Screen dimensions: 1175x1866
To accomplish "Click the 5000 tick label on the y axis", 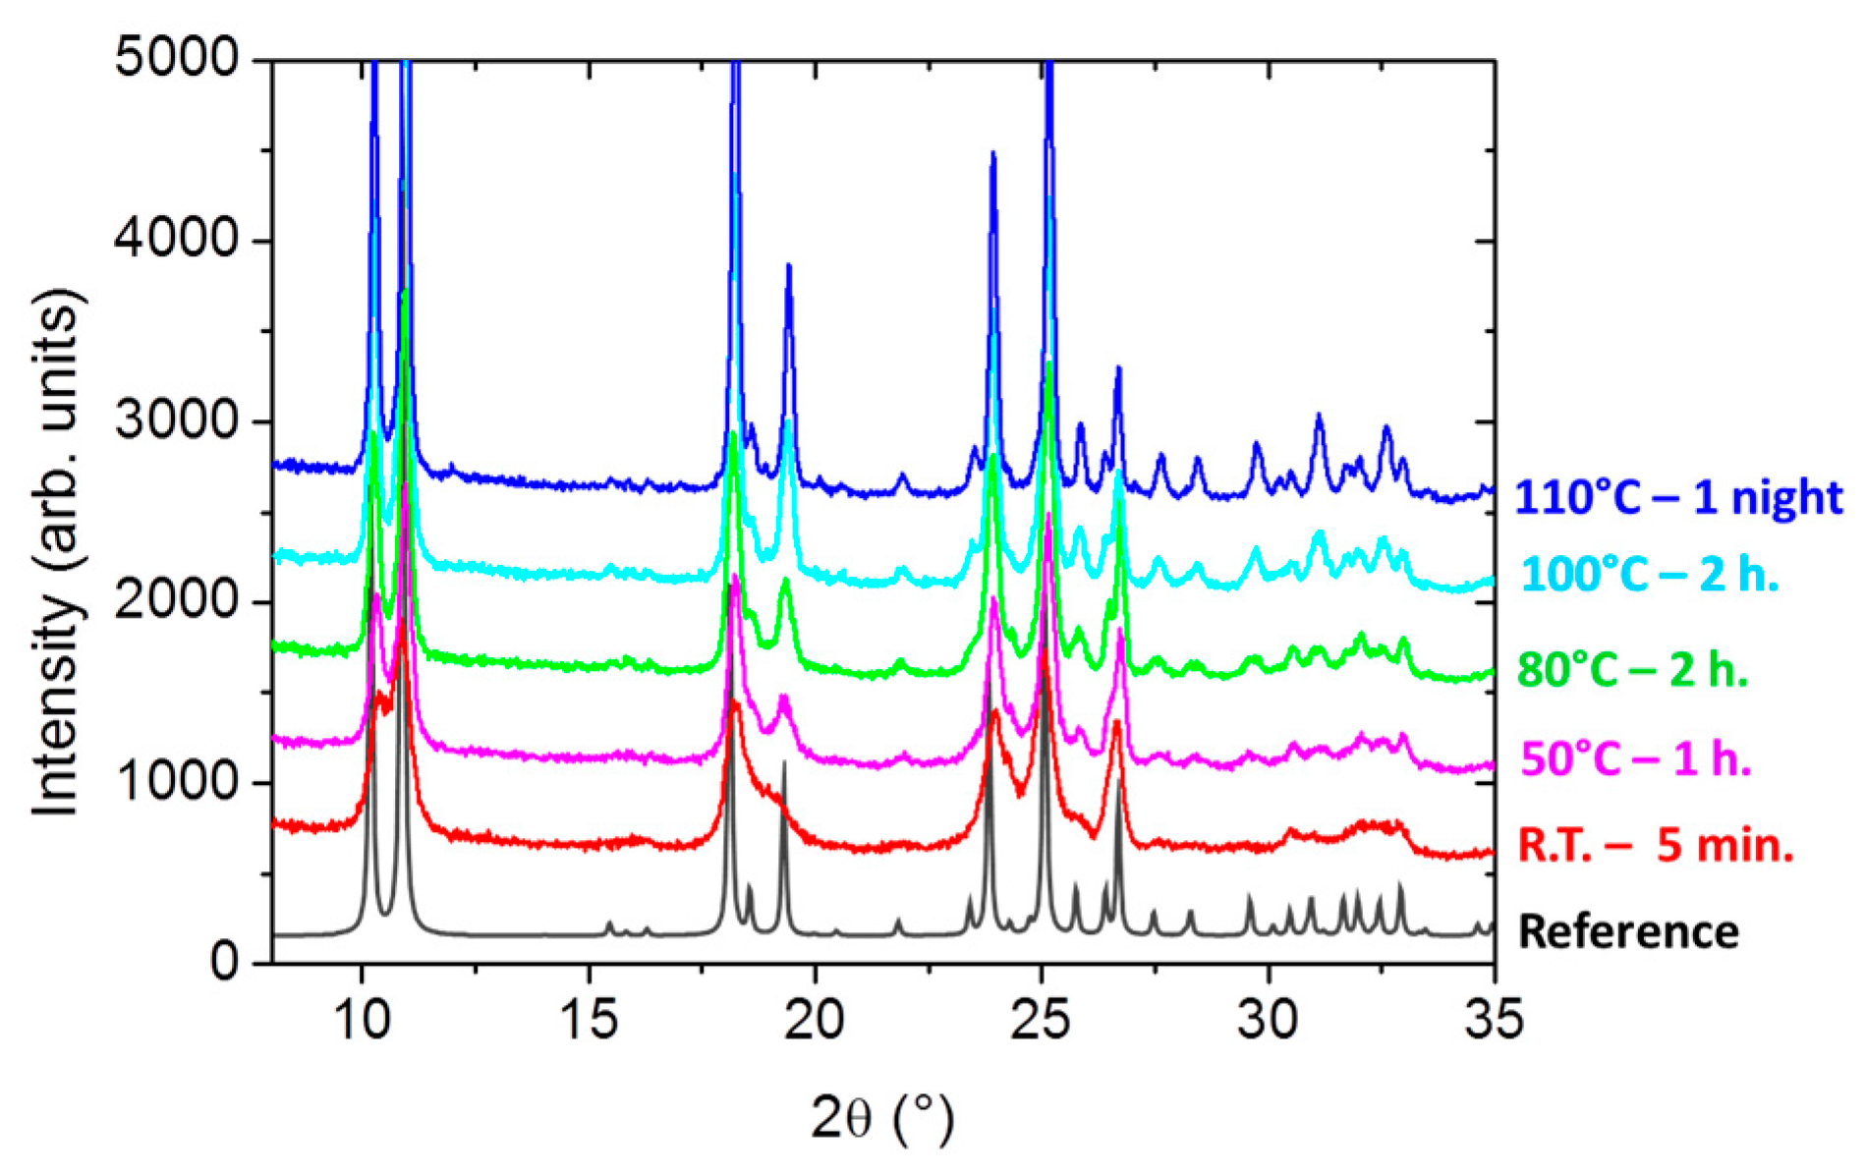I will (177, 58).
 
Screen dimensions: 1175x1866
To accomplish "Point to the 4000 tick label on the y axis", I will (177, 239).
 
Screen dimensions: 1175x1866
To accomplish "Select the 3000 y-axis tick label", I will (177, 420).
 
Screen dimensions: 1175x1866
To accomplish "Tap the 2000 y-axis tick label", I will (177, 601).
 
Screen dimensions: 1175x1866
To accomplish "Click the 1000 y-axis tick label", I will (177, 782).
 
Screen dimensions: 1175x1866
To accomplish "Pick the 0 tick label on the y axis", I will (224, 962).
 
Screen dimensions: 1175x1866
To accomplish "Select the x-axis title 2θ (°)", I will (881, 1119).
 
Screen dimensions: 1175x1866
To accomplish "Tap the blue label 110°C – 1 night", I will (1678, 498).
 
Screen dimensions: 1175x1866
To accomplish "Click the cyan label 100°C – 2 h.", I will (1651, 575).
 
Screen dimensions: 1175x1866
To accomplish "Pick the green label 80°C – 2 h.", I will (1633, 670).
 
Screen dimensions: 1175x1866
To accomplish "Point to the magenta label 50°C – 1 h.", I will (1636, 759).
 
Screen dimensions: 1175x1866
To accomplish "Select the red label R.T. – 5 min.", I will (1656, 845).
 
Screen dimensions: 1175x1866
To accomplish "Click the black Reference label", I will (1628, 931).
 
